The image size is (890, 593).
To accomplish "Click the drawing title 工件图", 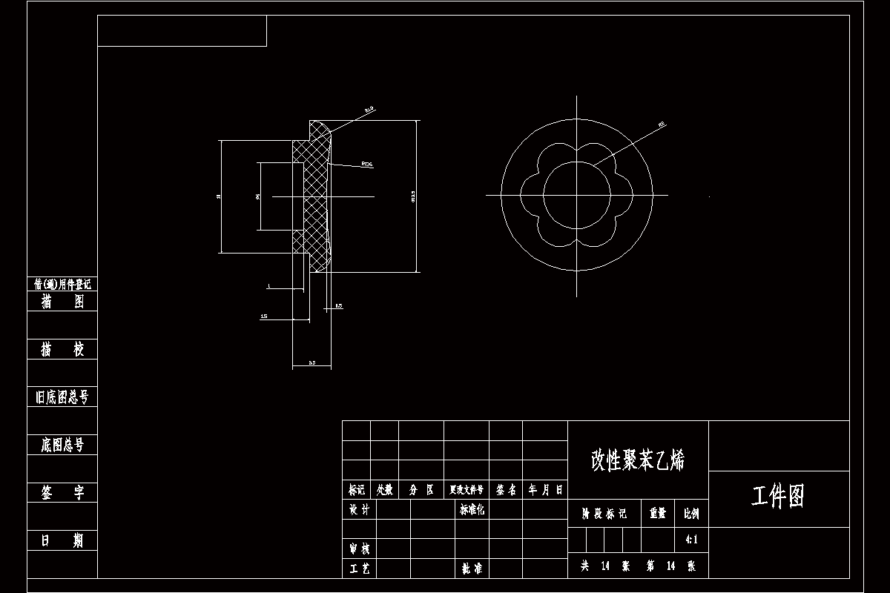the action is (x=778, y=497).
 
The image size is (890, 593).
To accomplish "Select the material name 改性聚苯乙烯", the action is (x=638, y=460).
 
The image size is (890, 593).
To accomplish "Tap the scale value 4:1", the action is (x=691, y=540).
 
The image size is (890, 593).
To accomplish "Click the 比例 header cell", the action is (x=691, y=513).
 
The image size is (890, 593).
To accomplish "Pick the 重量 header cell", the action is (x=657, y=513).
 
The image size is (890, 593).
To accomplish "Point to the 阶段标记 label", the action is (x=604, y=513).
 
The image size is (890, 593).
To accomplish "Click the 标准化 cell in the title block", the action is (x=472, y=509).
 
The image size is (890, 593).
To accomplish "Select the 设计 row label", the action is (x=359, y=509).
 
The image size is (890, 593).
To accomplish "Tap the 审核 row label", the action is (x=359, y=549).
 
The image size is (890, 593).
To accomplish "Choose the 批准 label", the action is (x=472, y=569).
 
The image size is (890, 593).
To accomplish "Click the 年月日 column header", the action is (x=545, y=490).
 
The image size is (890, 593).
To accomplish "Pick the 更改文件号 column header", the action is (x=466, y=490).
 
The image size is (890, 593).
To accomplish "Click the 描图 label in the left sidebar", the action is (x=62, y=302).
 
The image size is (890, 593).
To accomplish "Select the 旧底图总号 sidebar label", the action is (x=62, y=397).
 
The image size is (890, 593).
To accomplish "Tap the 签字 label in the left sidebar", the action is (x=62, y=493).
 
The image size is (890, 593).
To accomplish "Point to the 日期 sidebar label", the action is (x=62, y=540).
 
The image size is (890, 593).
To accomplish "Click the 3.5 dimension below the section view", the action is (x=312, y=363).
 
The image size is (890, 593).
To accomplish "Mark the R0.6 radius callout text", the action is (x=366, y=165).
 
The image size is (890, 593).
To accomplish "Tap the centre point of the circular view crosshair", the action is (x=576, y=195).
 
